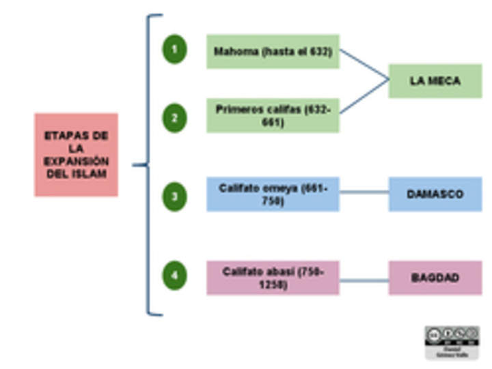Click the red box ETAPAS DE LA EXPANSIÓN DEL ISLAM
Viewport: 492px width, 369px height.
coord(76,155)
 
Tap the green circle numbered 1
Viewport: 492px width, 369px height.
coord(174,50)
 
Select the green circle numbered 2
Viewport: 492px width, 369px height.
coord(174,117)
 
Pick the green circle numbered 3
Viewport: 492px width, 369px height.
coord(174,196)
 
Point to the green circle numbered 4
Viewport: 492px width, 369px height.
coord(174,276)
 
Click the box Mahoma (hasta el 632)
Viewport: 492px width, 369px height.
coord(273,52)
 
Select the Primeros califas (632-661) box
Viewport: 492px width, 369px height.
coord(273,115)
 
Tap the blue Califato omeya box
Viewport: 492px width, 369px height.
coord(273,194)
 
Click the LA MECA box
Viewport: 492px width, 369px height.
coord(435,81)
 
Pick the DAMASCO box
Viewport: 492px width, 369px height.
coord(435,194)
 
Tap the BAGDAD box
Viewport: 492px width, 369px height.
coord(435,278)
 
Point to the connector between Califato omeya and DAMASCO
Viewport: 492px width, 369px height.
coord(364,192)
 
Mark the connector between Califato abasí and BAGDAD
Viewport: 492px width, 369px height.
coord(364,280)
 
